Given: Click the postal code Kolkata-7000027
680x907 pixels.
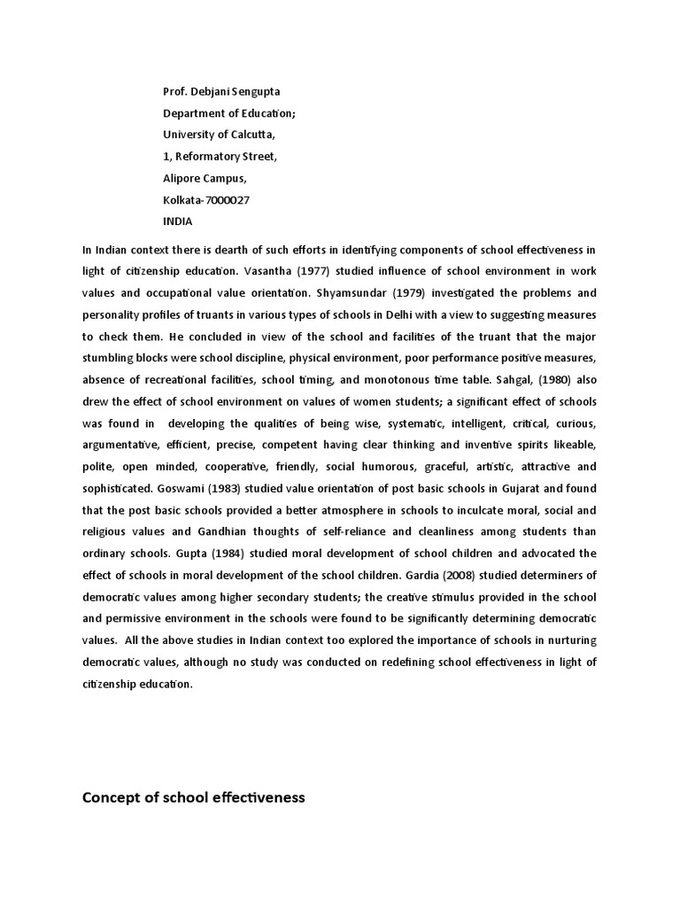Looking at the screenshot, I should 205,200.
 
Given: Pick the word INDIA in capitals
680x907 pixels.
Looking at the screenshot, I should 177,221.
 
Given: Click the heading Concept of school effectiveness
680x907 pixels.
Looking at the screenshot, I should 193,798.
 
